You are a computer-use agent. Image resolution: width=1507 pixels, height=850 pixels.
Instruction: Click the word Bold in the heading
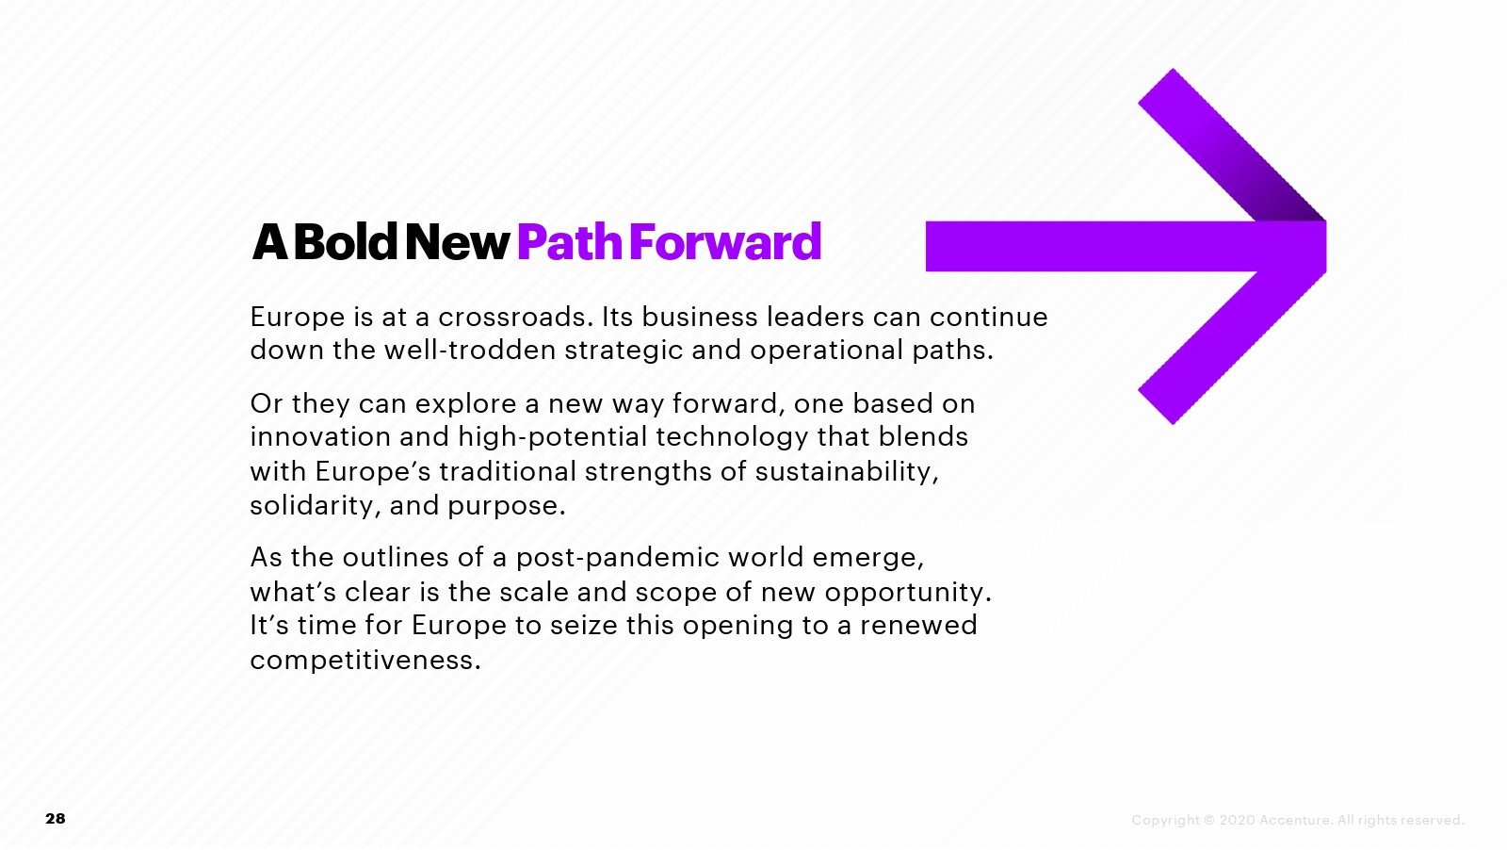click(346, 241)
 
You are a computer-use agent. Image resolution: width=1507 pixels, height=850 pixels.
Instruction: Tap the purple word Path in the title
click(570, 242)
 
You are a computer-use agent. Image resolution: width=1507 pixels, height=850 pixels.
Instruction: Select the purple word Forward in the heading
click(725, 241)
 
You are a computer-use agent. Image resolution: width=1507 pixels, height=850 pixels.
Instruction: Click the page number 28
click(56, 818)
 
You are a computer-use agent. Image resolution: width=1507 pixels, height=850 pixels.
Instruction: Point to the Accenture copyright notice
click(1298, 820)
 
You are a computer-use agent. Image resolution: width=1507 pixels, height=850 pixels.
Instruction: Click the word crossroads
click(516, 317)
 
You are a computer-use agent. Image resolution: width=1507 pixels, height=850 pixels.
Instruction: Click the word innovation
click(320, 436)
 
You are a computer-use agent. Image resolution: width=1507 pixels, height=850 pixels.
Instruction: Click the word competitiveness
click(365, 661)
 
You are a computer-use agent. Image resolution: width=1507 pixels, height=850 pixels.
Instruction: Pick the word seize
click(583, 625)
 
